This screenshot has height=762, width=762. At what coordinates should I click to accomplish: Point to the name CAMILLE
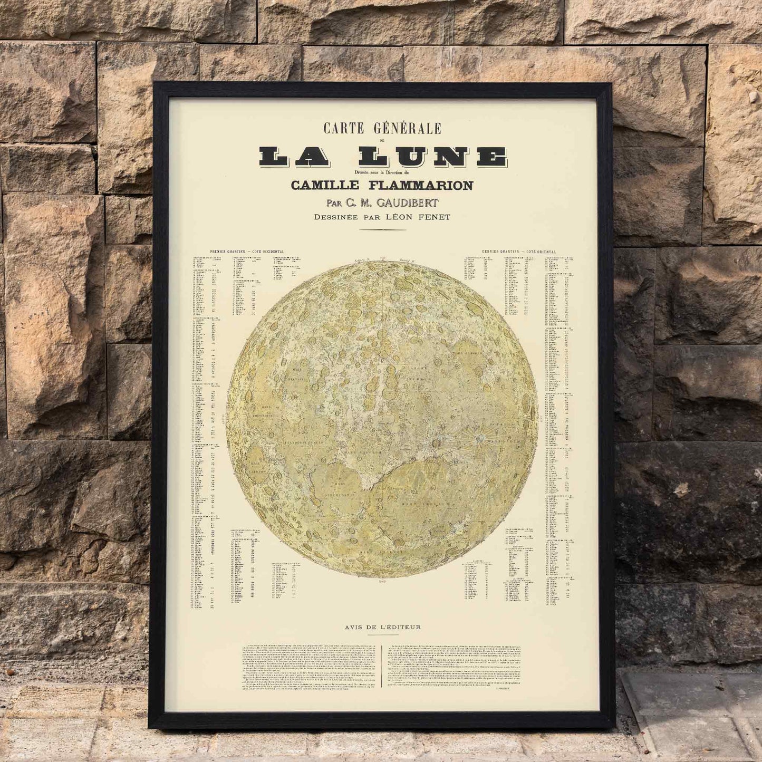coord(325,186)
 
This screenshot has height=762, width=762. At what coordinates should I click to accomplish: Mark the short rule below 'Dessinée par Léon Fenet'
coord(382,230)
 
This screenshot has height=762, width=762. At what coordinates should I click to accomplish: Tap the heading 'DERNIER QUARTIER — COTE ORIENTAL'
coord(519,252)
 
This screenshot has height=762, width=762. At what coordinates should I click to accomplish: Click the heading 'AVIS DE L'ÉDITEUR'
coord(382,627)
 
